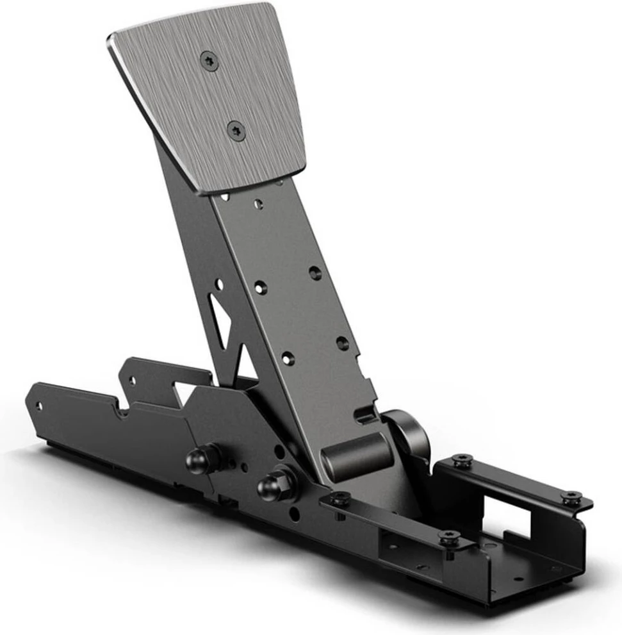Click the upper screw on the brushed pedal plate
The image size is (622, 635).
tap(209, 62)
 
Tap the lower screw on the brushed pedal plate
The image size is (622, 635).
tap(236, 131)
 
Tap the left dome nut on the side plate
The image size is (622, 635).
tap(201, 458)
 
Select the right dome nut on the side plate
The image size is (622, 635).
tap(274, 485)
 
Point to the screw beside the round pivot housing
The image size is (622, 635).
tap(462, 460)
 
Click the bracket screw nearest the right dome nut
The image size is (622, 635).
tap(340, 499)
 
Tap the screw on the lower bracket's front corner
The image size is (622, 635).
tap(450, 538)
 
